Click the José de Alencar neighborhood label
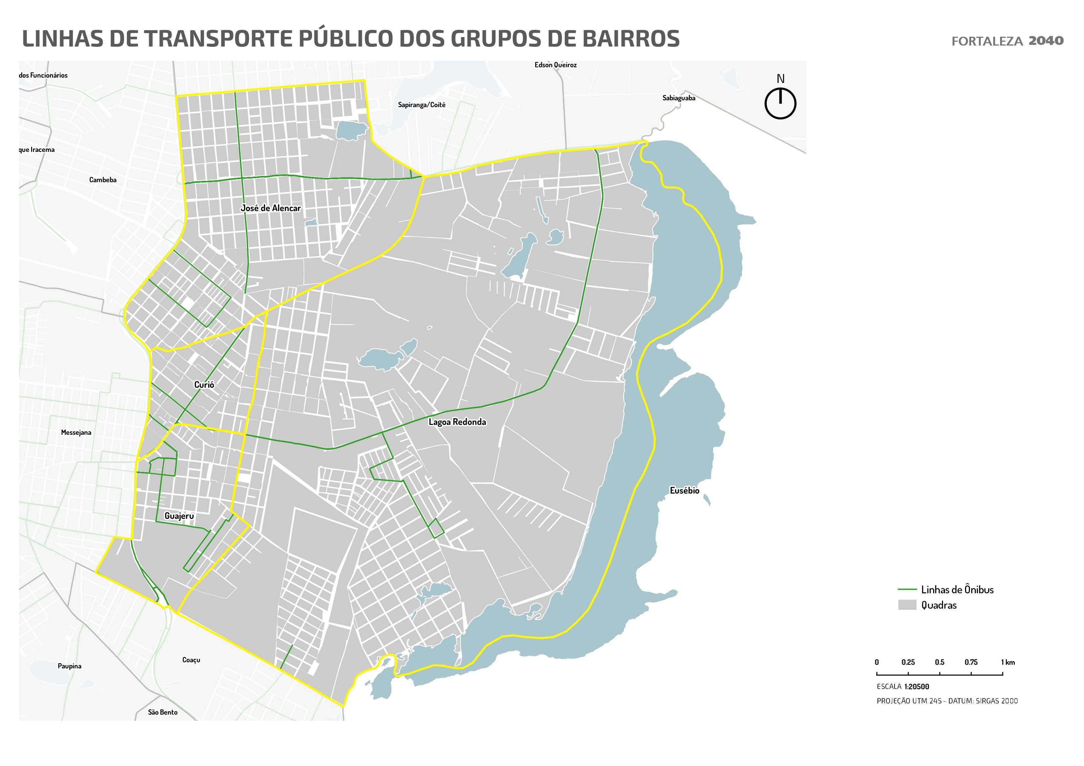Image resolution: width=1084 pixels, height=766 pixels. click(x=270, y=208)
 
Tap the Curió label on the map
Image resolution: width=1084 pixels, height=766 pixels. click(x=204, y=385)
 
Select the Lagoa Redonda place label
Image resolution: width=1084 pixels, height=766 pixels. click(x=457, y=422)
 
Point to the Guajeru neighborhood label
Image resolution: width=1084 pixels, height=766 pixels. click(x=179, y=516)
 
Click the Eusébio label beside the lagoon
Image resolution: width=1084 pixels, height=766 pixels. click(x=684, y=490)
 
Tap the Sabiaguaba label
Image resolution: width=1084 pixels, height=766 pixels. click(x=679, y=98)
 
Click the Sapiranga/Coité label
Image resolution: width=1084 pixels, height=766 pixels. click(x=421, y=105)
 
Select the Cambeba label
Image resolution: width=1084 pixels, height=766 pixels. click(x=103, y=180)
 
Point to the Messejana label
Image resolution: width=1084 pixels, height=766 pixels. click(x=76, y=432)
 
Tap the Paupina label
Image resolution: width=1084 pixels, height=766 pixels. click(x=69, y=666)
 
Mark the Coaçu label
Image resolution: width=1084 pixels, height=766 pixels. click(x=191, y=660)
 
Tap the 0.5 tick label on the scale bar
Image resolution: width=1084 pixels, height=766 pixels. click(x=939, y=662)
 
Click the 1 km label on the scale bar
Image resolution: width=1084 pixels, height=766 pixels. click(x=1008, y=662)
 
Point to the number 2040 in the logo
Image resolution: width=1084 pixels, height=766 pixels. click(x=1046, y=41)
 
